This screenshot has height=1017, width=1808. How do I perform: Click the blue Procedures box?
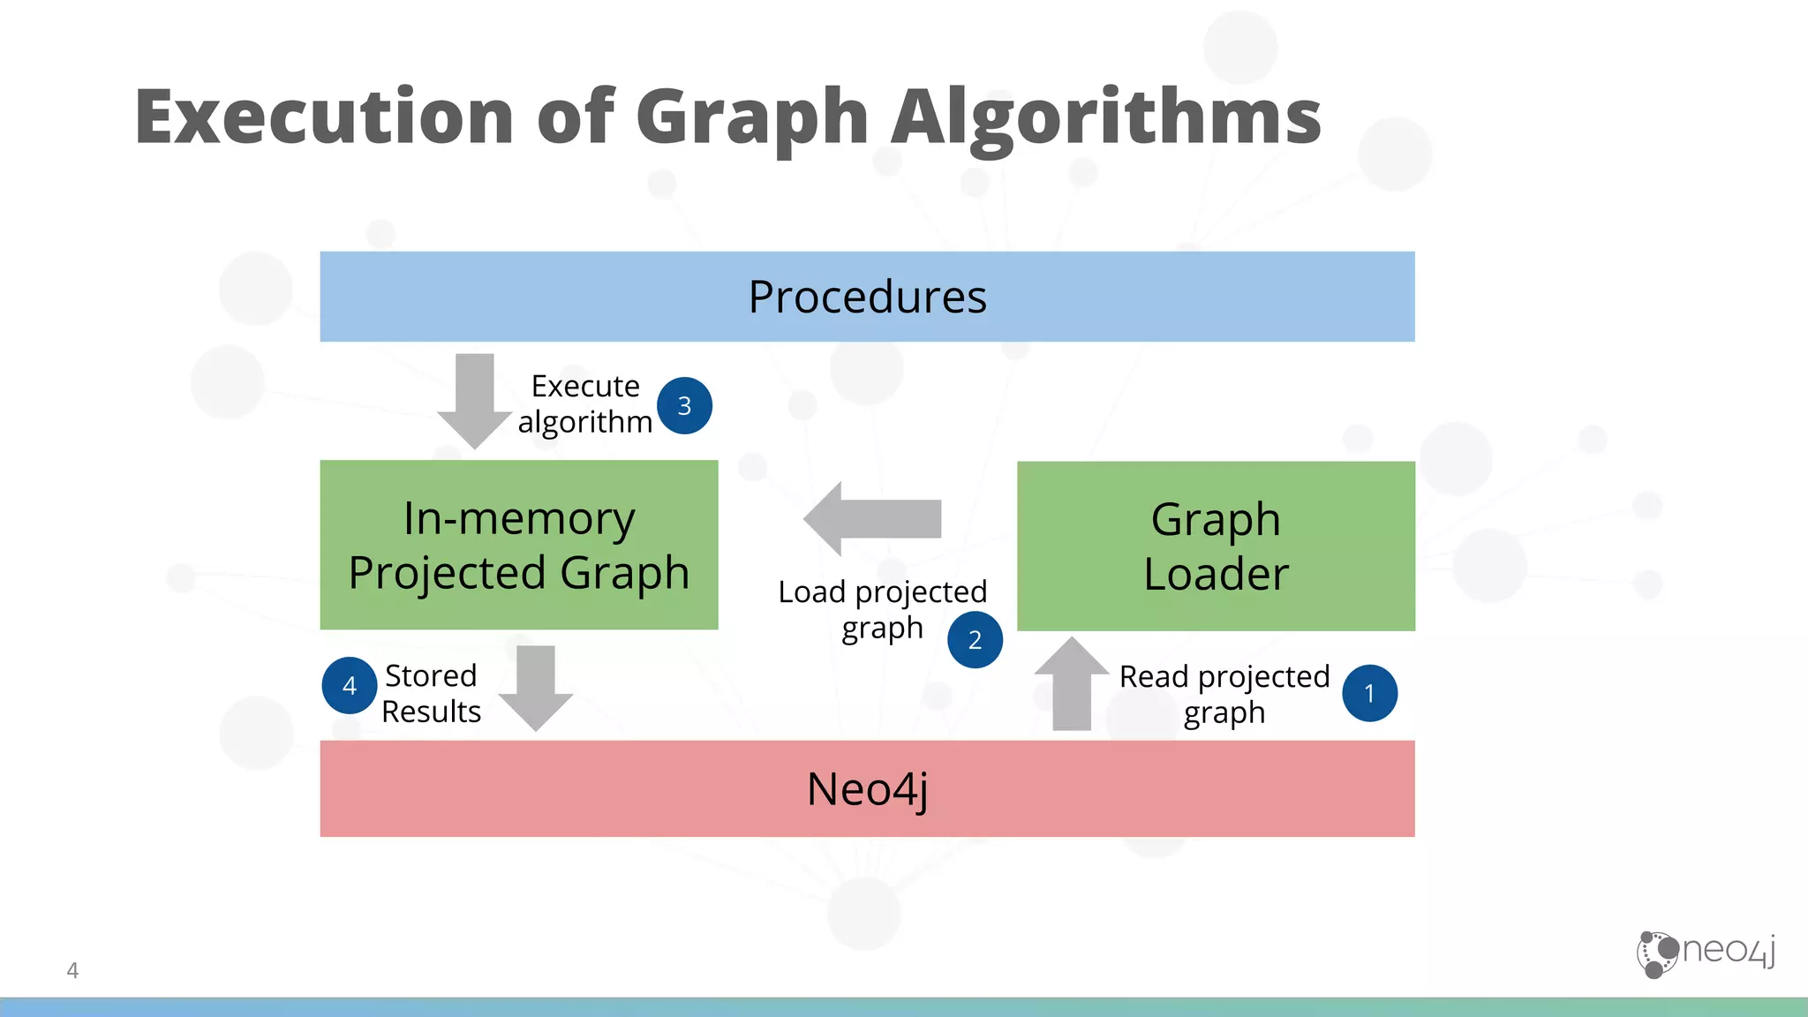click(x=867, y=297)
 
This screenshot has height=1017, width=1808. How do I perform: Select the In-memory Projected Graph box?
click(x=519, y=545)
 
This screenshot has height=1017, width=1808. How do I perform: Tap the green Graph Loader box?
click(x=1216, y=546)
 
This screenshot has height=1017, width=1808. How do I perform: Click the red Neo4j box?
click(x=867, y=788)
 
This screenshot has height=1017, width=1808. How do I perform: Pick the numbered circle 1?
click(x=1369, y=693)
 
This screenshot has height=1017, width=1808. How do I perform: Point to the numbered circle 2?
click(x=975, y=639)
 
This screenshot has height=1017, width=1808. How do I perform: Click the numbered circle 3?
click(x=684, y=405)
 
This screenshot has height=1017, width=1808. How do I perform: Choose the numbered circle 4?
click(x=350, y=685)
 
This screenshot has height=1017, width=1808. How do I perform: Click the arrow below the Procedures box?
click(x=475, y=400)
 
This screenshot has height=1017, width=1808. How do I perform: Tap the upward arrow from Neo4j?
click(x=1072, y=683)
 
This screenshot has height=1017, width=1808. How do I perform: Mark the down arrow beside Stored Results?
click(x=536, y=688)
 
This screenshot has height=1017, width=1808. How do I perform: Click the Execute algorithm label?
click(x=585, y=404)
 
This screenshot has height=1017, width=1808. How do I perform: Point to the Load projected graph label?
click(x=882, y=609)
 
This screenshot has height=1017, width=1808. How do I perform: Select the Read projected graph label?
click(x=1224, y=694)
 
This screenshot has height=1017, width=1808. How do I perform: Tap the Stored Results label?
click(x=431, y=693)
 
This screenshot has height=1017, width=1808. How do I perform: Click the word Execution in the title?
click(x=324, y=117)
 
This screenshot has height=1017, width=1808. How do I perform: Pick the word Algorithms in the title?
click(x=1105, y=117)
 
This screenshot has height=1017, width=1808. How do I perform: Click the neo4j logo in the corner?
click(x=1705, y=953)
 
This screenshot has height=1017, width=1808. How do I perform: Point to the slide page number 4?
click(x=72, y=970)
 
